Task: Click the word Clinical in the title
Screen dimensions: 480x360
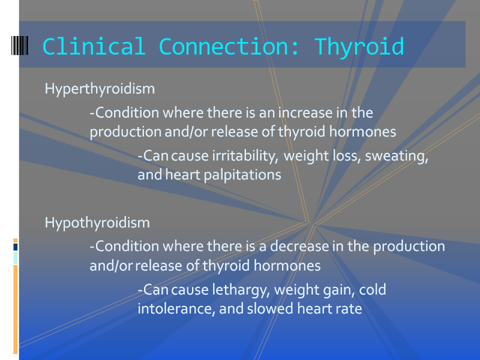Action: pos(94,47)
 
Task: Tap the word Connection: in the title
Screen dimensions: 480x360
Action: pos(229,47)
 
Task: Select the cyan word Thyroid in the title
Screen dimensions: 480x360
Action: pos(359,48)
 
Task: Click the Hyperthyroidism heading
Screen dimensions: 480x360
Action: pos(100,89)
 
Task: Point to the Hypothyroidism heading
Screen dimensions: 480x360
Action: pos(97,223)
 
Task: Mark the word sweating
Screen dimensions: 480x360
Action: pos(397,157)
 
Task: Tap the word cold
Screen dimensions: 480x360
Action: pos(372,290)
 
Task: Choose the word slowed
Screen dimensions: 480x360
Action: pos(270,308)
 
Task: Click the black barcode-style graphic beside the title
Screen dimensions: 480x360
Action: pos(20,46)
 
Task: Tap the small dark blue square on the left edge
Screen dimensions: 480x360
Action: pos(16,247)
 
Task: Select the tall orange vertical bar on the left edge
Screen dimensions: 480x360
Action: pos(16,310)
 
